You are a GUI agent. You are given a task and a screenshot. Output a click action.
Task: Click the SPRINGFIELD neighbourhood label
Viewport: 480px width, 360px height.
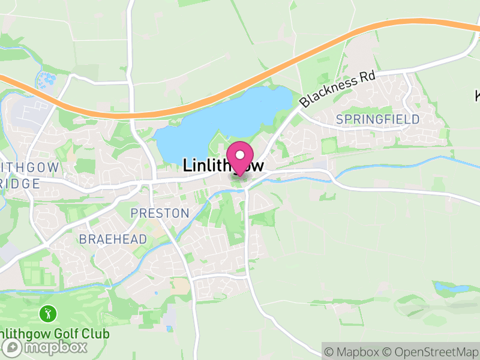pos(377,119)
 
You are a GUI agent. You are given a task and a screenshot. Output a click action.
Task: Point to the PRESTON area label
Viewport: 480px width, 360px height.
pos(160,213)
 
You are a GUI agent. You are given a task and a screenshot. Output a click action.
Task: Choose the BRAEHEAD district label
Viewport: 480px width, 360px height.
pos(113,239)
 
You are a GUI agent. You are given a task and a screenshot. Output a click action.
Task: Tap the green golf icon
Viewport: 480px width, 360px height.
pos(48,313)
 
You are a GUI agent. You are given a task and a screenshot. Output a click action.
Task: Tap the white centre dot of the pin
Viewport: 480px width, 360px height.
pos(241,154)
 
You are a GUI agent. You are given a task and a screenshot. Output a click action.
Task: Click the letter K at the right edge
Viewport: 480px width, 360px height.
pos(478,95)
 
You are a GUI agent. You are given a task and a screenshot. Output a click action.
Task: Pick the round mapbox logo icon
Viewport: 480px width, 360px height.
pos(13,347)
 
